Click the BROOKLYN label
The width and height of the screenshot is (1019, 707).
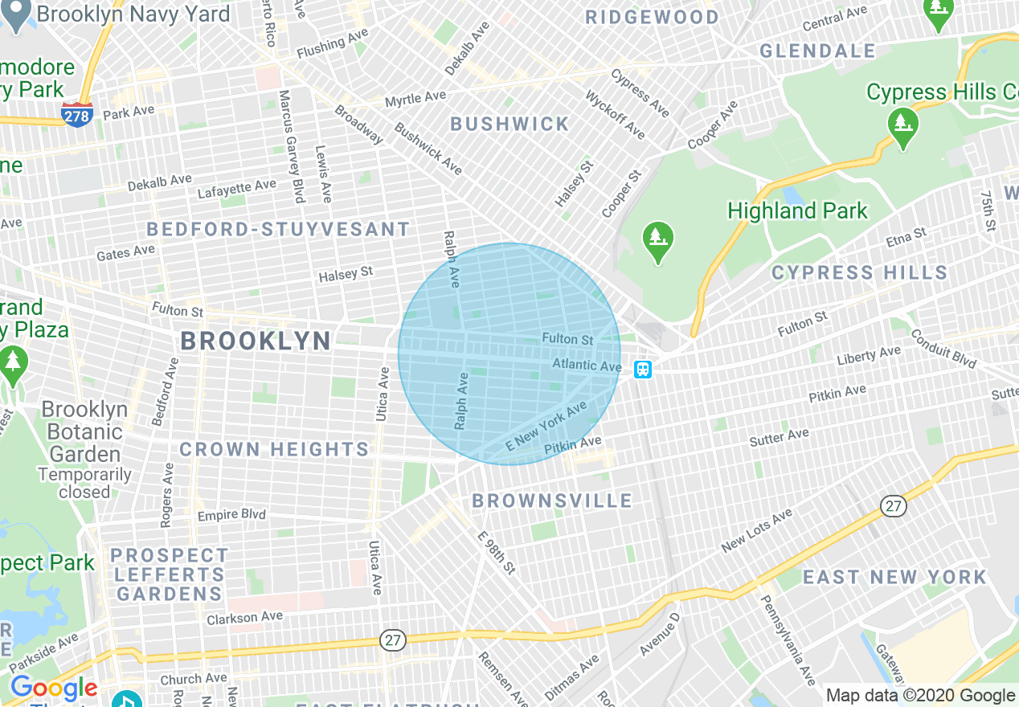pyautogui.click(x=256, y=341)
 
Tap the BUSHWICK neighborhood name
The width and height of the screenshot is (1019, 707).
pyautogui.click(x=509, y=124)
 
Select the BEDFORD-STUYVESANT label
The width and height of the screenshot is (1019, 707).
pyautogui.click(x=278, y=230)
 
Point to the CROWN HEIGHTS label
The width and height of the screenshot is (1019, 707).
pyautogui.click(x=274, y=449)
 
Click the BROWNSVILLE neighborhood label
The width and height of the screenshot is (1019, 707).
pyautogui.click(x=552, y=501)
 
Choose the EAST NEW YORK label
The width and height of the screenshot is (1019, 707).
pyautogui.click(x=894, y=577)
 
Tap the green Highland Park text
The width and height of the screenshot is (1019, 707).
pyautogui.click(x=797, y=211)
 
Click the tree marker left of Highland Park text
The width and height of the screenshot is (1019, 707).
pyautogui.click(x=658, y=241)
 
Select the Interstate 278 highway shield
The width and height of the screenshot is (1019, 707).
pyautogui.click(x=76, y=114)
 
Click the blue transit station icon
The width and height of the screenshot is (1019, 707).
pyautogui.click(x=643, y=370)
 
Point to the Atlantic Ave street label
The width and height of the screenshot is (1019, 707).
pyautogui.click(x=587, y=366)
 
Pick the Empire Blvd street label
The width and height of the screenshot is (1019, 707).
pyautogui.click(x=231, y=515)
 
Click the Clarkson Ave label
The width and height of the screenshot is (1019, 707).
pyautogui.click(x=244, y=618)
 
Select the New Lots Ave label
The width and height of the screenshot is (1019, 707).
pyautogui.click(x=757, y=531)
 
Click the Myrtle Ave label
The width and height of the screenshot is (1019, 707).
pyautogui.click(x=415, y=99)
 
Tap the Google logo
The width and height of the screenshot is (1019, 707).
pyautogui.click(x=53, y=689)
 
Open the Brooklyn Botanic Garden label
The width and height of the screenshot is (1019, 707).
pyautogui.click(x=84, y=431)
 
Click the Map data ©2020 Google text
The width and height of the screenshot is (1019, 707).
pyautogui.click(x=921, y=696)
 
